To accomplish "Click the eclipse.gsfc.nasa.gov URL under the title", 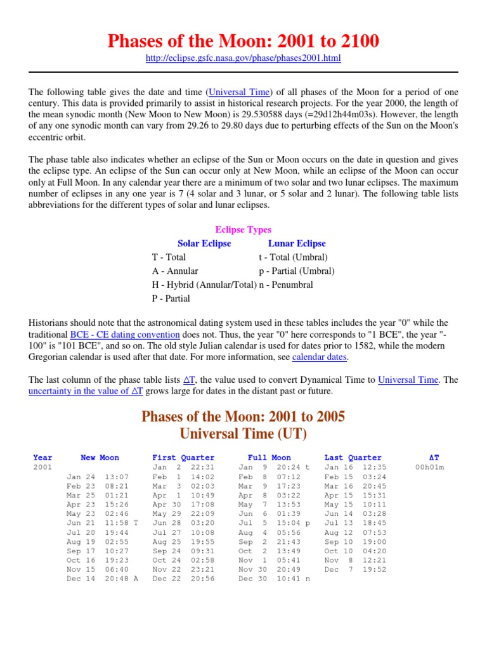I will pos(243,58).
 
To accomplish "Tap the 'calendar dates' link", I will pos(320,357).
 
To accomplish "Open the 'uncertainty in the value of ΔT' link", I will pos(86,392).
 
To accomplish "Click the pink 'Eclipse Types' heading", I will pos(243,229).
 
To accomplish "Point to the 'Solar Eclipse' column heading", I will pos(204,243).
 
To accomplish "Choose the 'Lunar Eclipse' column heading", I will pos(297,243).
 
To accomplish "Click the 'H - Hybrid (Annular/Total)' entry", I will pos(205,285).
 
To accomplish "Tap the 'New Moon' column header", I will pos(100,458).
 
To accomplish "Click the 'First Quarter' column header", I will pos(183,458).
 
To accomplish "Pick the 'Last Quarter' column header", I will pos(353,458).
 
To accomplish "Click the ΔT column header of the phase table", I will pos(434,458).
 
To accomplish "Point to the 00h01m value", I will pos(429,467).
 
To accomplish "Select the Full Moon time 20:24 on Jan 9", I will pos(289,467).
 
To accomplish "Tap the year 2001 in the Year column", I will pos(43,467).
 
